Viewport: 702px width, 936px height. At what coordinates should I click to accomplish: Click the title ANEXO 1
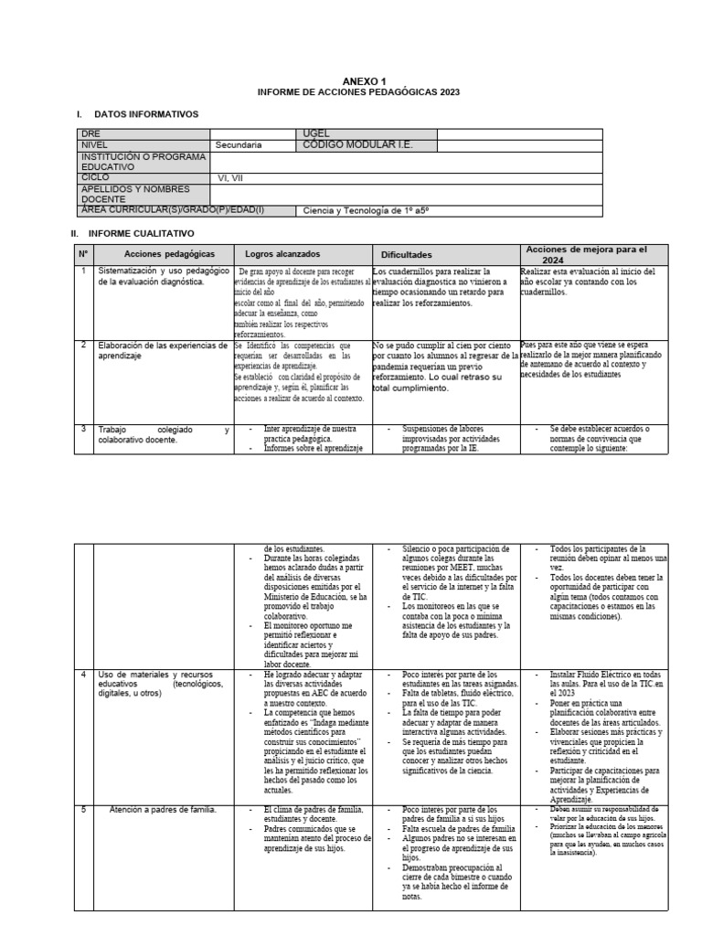point(358,81)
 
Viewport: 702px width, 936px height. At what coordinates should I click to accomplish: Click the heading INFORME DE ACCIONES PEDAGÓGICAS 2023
point(358,92)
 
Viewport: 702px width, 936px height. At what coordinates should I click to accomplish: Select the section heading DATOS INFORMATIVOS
point(145,114)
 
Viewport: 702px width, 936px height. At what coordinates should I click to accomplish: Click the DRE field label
point(89,133)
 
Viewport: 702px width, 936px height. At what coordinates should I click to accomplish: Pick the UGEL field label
point(314,133)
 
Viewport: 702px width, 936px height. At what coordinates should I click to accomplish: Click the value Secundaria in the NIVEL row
point(239,144)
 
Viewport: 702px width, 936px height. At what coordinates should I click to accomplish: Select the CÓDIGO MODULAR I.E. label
point(355,144)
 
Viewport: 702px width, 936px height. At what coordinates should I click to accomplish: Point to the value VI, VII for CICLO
point(230,177)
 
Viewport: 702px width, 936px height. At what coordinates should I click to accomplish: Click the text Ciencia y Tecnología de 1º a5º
point(366,210)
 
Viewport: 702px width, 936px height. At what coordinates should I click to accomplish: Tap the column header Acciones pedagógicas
point(156,253)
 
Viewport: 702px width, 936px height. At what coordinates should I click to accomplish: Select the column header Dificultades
point(406,254)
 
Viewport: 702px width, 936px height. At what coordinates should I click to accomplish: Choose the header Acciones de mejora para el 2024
point(585,253)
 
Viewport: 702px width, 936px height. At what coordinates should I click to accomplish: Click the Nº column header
point(82,253)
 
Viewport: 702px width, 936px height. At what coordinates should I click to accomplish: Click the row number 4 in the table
point(82,675)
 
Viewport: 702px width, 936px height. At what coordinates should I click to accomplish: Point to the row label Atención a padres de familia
point(161,809)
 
